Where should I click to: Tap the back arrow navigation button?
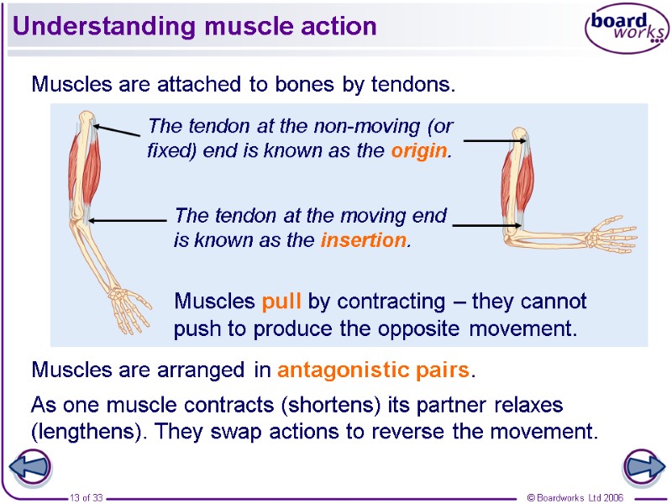(29, 466)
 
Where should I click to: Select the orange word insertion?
(364, 240)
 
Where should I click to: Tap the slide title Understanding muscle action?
(194, 26)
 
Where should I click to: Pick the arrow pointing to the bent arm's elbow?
(484, 224)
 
